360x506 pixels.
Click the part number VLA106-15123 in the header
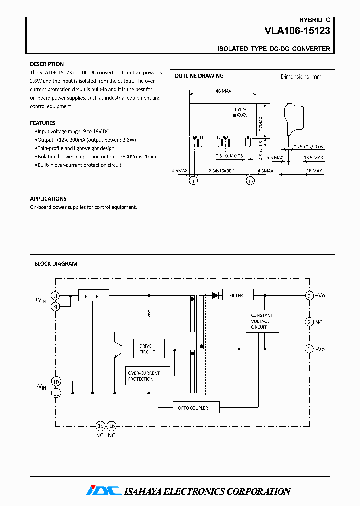297,31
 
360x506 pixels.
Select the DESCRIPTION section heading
47,64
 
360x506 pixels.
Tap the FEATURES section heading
42,123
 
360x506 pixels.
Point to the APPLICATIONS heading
48,199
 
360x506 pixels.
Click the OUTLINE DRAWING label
199,76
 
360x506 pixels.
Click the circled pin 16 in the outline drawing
250,181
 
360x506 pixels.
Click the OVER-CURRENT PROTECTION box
148,376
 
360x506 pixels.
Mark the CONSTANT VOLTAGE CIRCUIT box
262,321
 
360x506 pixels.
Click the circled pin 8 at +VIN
56,296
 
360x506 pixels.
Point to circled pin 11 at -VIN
56,393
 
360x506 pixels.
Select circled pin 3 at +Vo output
309,295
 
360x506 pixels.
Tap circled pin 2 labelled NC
309,322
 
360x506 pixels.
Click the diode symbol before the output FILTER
215,295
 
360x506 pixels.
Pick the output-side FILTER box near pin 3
237,295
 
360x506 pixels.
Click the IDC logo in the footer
103,491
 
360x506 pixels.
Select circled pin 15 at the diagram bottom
100,426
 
